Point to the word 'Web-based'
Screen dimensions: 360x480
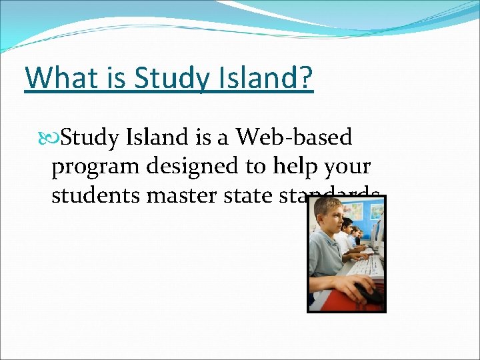[294, 137]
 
